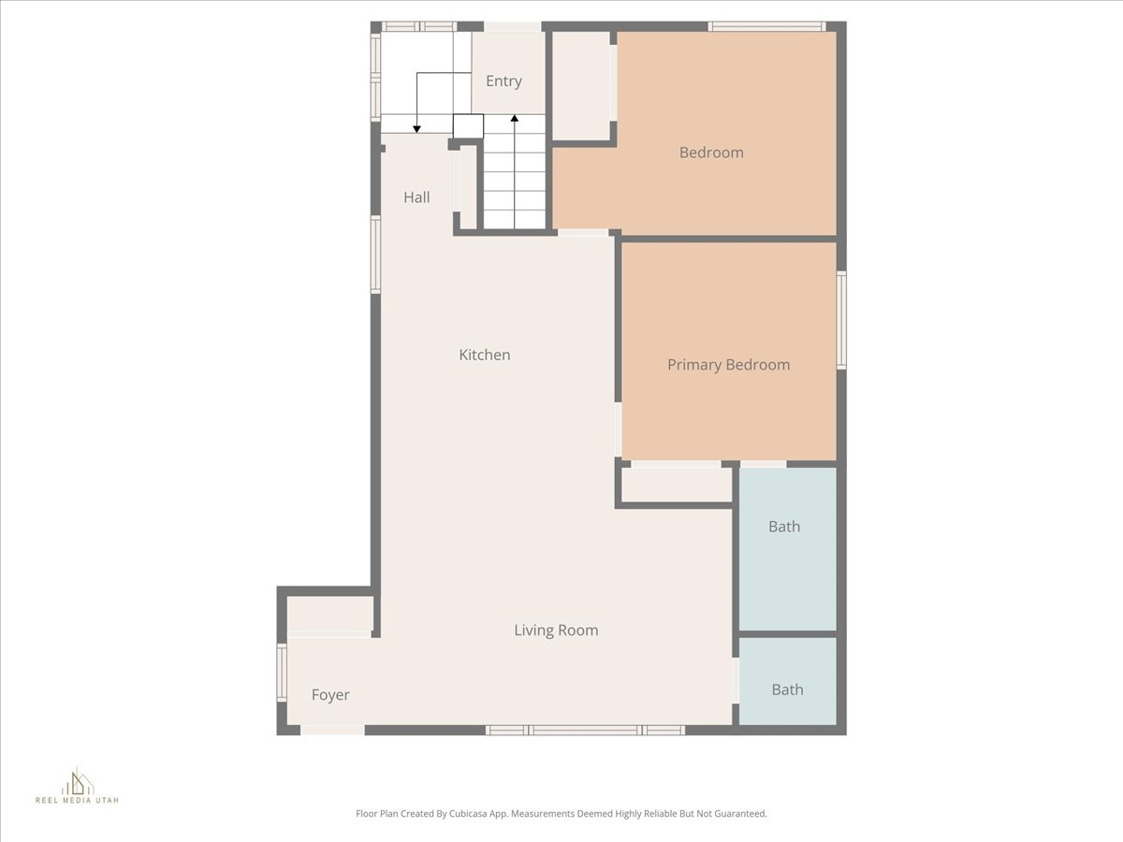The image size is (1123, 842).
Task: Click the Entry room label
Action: coord(503,81)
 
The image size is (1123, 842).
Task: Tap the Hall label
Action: coord(416,197)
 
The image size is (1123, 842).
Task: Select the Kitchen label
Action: coord(484,355)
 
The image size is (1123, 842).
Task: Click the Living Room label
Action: coord(556,631)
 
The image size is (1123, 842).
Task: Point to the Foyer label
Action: coord(330,695)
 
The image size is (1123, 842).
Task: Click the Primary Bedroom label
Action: coord(728,365)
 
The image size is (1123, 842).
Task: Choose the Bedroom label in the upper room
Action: coord(711,152)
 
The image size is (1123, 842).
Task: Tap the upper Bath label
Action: coord(784,527)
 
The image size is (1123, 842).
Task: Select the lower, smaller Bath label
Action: coord(787,690)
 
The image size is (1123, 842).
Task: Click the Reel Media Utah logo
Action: coord(78,786)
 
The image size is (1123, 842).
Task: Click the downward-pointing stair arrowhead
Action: coord(417,128)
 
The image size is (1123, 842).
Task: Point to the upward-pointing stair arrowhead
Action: coord(514,119)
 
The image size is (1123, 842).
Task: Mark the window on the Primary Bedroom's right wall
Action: coord(841,320)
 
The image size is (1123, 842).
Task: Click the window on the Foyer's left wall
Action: coord(282,673)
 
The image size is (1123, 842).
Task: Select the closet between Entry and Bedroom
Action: coord(580,85)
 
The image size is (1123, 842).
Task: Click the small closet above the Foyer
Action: coord(329,614)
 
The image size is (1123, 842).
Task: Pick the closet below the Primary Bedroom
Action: coord(676,484)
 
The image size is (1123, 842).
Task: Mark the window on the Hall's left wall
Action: coord(376,254)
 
